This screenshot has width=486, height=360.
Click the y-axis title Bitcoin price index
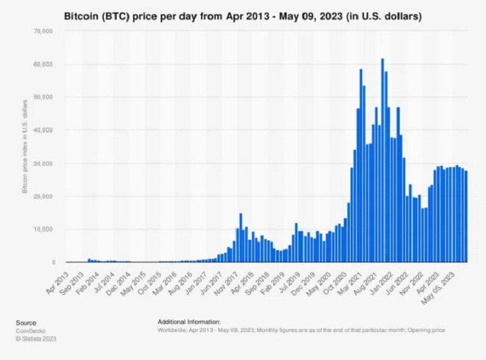pos(26,146)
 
